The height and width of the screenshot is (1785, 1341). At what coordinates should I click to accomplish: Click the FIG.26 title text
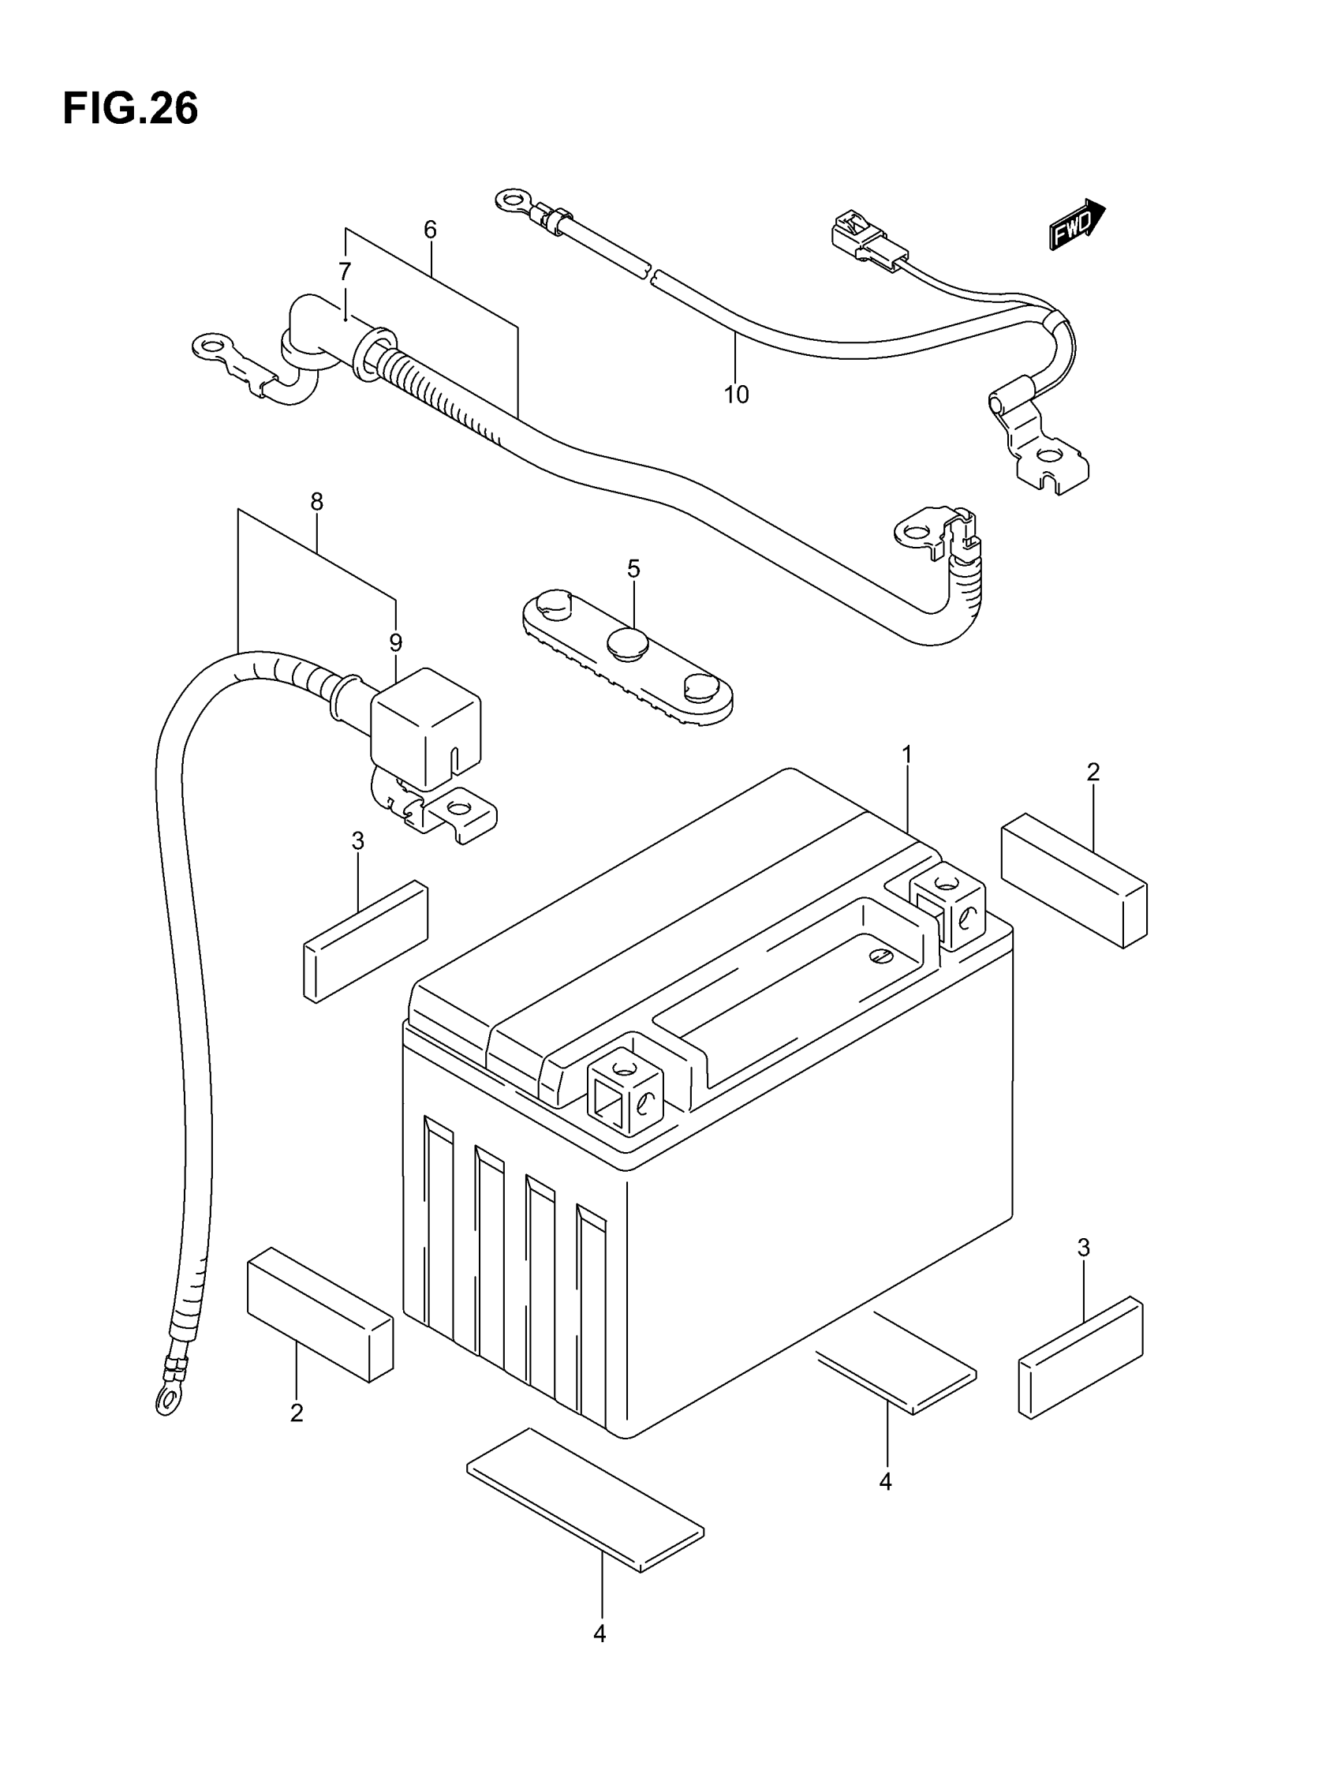coord(130,109)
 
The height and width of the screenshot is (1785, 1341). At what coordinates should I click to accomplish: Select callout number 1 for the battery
coord(907,754)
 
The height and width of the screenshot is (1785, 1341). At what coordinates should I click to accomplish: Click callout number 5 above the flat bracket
coord(633,569)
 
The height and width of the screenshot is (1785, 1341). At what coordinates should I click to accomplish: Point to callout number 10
coord(736,395)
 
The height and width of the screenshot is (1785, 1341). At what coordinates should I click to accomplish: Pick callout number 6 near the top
coord(430,230)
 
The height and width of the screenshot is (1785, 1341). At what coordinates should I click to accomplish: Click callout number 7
coord(345,271)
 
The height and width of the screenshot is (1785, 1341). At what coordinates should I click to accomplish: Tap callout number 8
coord(316,502)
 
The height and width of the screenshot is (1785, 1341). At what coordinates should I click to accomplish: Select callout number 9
coord(395,642)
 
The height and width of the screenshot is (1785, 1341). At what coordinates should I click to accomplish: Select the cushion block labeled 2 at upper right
coord(1074,880)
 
